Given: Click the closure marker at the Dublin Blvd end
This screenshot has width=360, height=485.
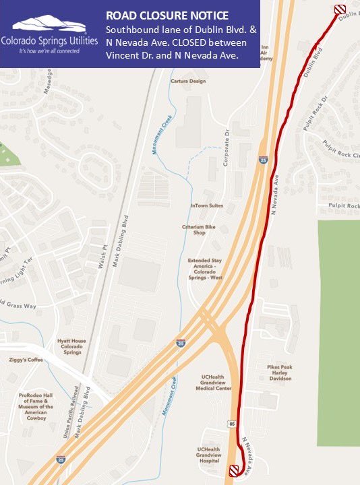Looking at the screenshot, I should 340,9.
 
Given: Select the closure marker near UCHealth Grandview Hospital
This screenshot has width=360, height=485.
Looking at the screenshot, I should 234,470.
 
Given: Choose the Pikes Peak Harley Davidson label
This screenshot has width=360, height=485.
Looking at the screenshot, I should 280,373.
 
